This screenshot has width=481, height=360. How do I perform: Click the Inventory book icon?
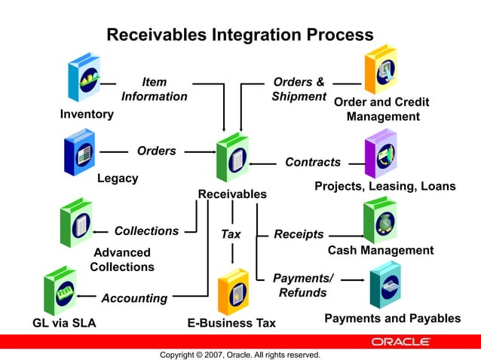84,78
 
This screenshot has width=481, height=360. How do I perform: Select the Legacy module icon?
81,151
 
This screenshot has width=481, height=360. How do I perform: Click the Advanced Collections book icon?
76,223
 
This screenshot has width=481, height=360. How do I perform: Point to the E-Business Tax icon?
233,291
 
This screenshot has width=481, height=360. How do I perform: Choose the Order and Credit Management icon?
381,70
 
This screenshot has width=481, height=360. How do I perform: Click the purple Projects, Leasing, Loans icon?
381,154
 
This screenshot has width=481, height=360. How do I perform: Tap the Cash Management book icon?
379,219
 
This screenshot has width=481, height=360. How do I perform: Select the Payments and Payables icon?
384,285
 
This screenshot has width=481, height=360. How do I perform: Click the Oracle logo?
401,342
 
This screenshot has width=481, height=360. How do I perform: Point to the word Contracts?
313,162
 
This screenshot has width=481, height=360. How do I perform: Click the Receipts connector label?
299,234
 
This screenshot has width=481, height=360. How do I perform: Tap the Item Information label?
155,89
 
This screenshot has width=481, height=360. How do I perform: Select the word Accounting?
134,298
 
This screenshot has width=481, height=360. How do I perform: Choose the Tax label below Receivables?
231,234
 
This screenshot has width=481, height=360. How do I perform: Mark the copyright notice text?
240,355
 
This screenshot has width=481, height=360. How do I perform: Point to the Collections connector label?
146,230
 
